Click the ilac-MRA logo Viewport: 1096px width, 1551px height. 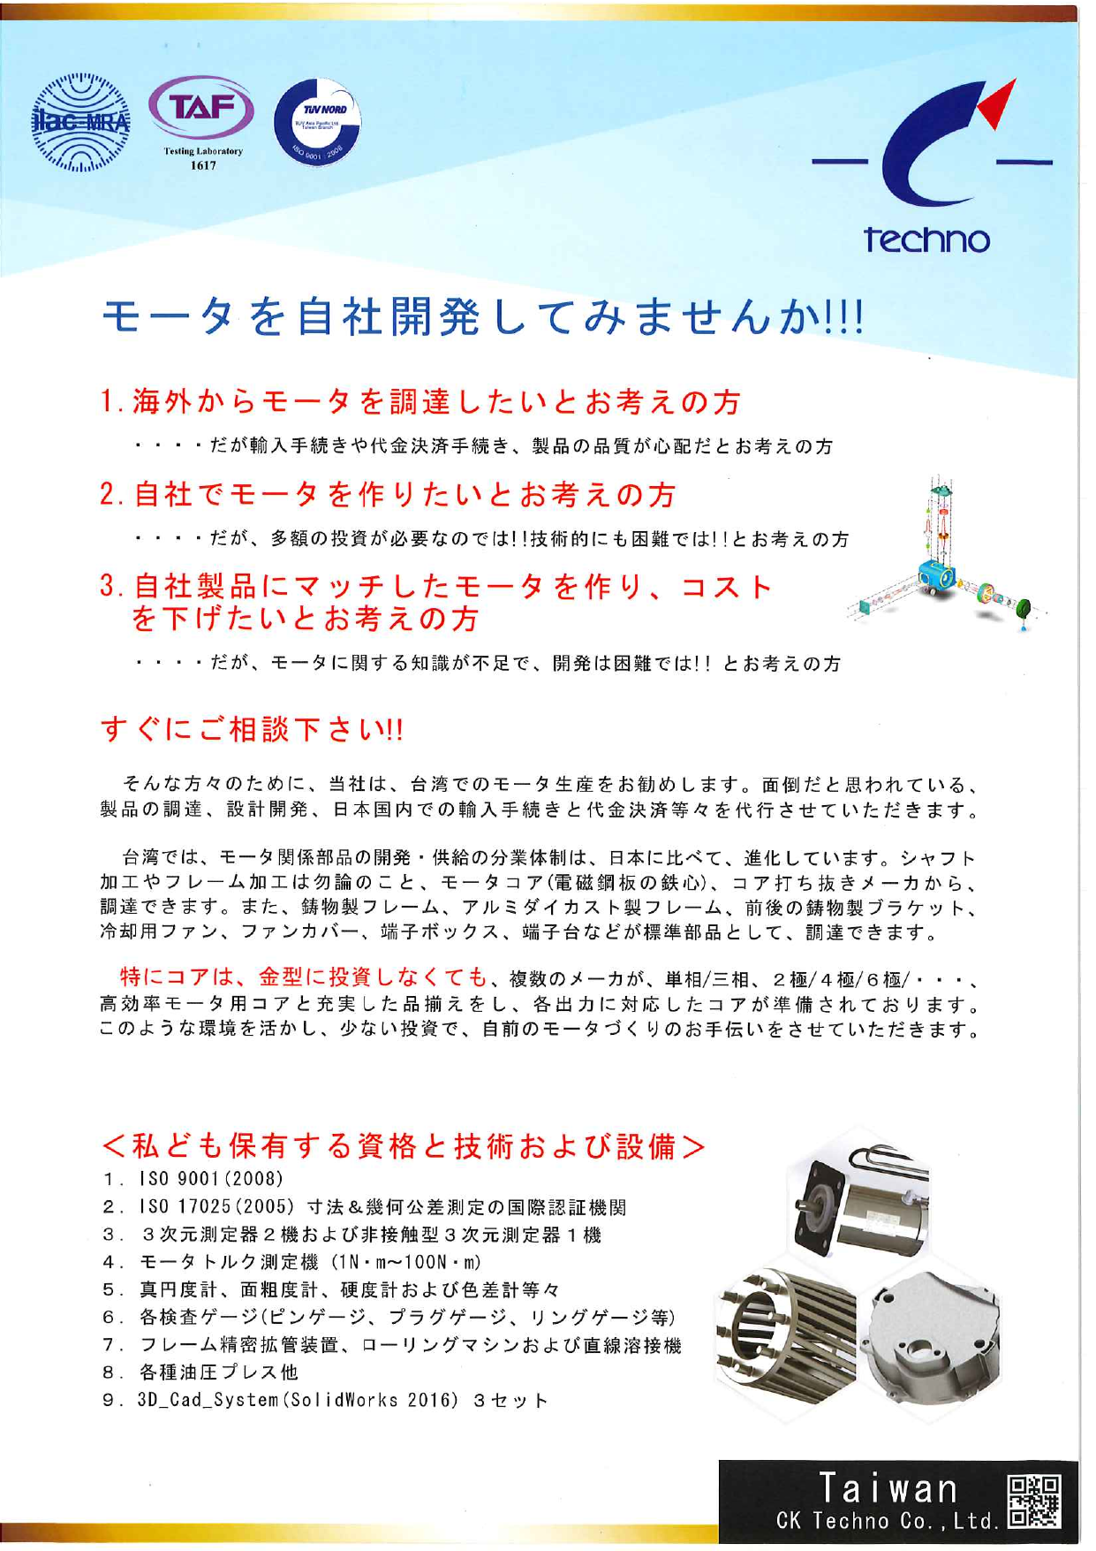pyautogui.click(x=80, y=122)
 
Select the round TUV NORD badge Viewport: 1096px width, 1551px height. pyautogui.click(x=317, y=122)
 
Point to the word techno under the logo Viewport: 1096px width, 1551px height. pyautogui.click(x=926, y=239)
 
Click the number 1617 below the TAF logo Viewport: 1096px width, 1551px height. pyautogui.click(x=203, y=165)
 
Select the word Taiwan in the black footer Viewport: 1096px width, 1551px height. pyautogui.click(x=888, y=1487)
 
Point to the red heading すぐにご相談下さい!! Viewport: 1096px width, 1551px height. pyautogui.click(x=252, y=730)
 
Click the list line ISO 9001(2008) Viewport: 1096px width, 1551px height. pyautogui.click(x=211, y=1179)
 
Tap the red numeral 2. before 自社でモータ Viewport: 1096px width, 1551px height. pyautogui.click(x=112, y=495)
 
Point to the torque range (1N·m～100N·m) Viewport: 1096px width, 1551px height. pyautogui.click(x=407, y=1262)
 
